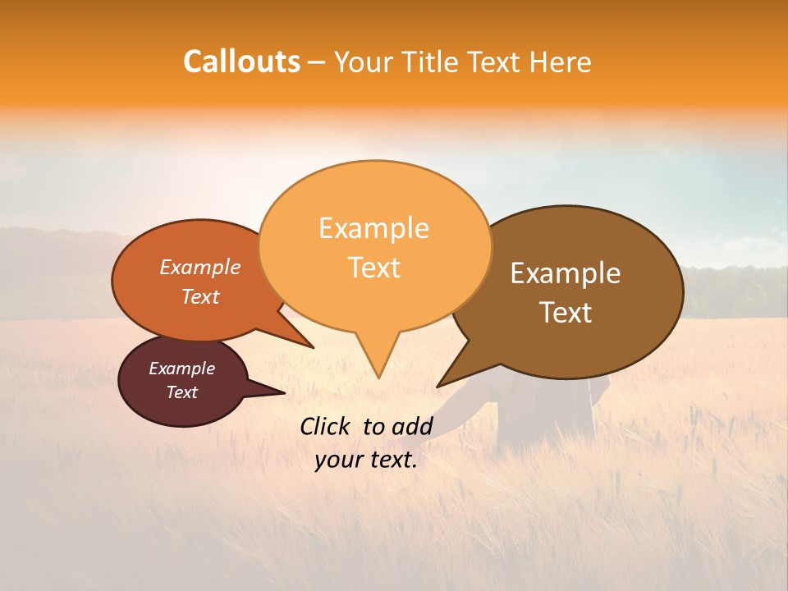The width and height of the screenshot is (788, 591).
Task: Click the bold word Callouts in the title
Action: tap(241, 62)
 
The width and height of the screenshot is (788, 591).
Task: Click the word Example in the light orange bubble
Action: tap(373, 228)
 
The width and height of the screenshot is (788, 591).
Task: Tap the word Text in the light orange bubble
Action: tap(373, 268)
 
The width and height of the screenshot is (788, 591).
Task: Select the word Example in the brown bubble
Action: tap(566, 273)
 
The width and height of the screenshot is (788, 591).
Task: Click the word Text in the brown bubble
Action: tap(566, 313)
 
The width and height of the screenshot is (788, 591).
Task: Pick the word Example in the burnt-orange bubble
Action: tap(200, 268)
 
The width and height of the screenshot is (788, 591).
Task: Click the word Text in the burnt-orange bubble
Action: tap(200, 296)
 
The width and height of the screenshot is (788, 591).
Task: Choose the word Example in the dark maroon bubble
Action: tap(182, 369)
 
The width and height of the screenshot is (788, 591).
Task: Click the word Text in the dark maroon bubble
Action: tap(182, 392)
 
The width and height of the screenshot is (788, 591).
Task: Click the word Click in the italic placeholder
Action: tap(327, 426)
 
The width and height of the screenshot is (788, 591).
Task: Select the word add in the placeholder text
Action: tap(412, 426)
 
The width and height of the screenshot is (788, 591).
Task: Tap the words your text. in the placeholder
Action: tap(366, 460)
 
